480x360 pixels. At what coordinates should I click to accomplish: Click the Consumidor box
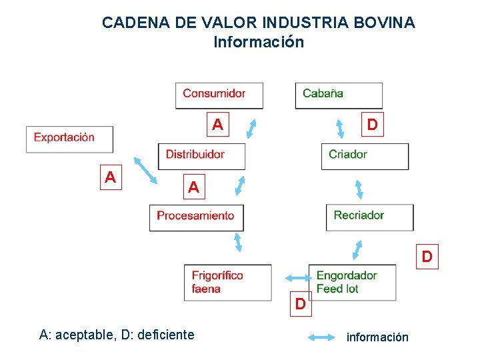point(219,95)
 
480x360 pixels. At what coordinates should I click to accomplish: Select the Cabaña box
point(339,95)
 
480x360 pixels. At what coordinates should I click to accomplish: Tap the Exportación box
point(69,139)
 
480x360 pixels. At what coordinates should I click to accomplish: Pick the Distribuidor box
point(201,155)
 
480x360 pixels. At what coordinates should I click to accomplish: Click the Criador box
point(364,156)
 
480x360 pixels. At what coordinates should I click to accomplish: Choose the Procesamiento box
point(196,217)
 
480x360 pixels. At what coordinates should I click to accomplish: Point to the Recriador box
point(369,217)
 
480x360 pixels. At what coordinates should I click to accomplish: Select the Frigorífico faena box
point(227,283)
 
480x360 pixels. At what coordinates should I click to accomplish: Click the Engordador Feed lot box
point(352,283)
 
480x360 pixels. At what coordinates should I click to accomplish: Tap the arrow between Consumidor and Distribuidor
point(251,127)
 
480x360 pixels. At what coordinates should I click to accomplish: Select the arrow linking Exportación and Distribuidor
point(145,169)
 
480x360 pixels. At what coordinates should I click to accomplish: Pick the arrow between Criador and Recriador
point(359,189)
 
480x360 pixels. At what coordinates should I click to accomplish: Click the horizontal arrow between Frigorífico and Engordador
point(295,278)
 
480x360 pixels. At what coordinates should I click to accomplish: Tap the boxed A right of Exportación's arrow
point(111,177)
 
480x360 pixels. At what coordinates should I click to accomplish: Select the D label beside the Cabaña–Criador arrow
point(372,125)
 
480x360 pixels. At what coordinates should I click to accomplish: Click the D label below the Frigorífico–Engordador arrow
point(301,305)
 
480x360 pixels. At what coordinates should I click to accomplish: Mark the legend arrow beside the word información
point(324,337)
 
